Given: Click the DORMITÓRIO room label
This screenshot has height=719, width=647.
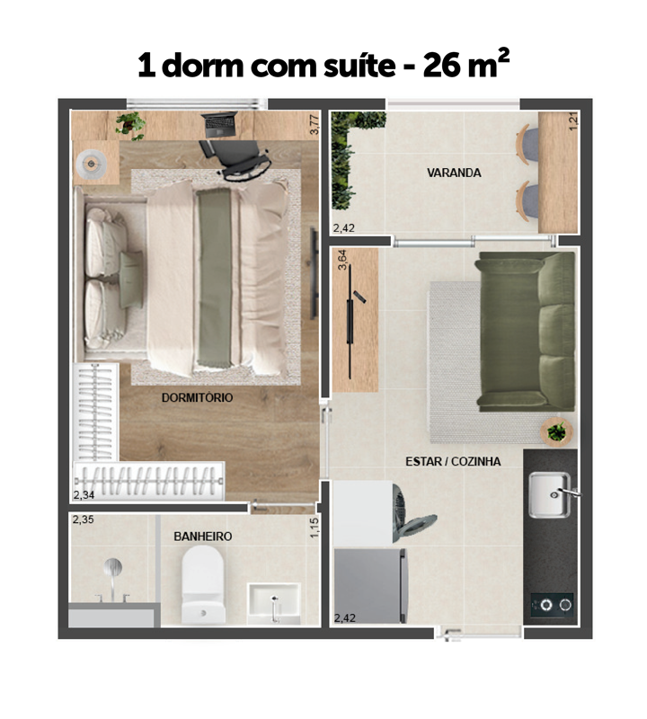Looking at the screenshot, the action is click(197, 397).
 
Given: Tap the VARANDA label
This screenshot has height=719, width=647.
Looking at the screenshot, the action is click(454, 173).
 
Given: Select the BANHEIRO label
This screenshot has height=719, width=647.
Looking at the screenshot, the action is click(203, 536).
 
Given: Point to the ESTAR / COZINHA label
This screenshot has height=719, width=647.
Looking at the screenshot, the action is click(453, 461).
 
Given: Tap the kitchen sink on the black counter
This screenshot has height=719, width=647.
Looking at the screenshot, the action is click(550, 495).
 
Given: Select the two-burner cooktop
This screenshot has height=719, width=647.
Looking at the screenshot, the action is click(552, 605).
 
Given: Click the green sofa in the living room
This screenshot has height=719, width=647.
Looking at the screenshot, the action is click(526, 331).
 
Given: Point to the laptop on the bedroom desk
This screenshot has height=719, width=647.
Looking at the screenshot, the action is click(220, 124).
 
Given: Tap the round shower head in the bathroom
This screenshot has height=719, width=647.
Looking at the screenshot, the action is click(113, 567).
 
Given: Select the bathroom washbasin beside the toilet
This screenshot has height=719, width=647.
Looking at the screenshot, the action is click(274, 603).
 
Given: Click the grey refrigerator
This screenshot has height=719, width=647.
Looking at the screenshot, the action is click(370, 586).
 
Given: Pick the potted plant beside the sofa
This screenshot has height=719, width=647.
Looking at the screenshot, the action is click(556, 431).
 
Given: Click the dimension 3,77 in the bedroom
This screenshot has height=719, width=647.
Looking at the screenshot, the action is click(315, 124).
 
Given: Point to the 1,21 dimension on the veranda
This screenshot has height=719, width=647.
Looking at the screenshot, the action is click(573, 121).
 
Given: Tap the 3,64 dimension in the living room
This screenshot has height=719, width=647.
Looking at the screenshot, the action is click(342, 259).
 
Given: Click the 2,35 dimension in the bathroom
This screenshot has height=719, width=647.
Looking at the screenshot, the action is click(83, 519).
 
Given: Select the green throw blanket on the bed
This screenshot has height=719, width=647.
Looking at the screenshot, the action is click(215, 278).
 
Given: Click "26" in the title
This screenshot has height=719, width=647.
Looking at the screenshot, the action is click(441, 66).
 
